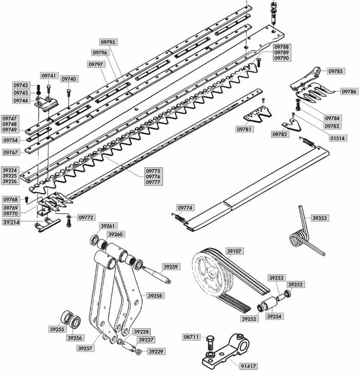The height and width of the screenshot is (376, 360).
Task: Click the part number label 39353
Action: click(319, 218)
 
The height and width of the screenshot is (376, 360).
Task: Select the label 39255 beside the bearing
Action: click(57, 329)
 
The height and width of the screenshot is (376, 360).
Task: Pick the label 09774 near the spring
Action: click(185, 208)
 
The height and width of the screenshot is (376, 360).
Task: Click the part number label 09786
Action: click(349, 91)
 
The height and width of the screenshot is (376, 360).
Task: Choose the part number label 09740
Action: click(69, 79)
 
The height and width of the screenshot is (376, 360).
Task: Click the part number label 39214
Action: click(12, 223)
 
